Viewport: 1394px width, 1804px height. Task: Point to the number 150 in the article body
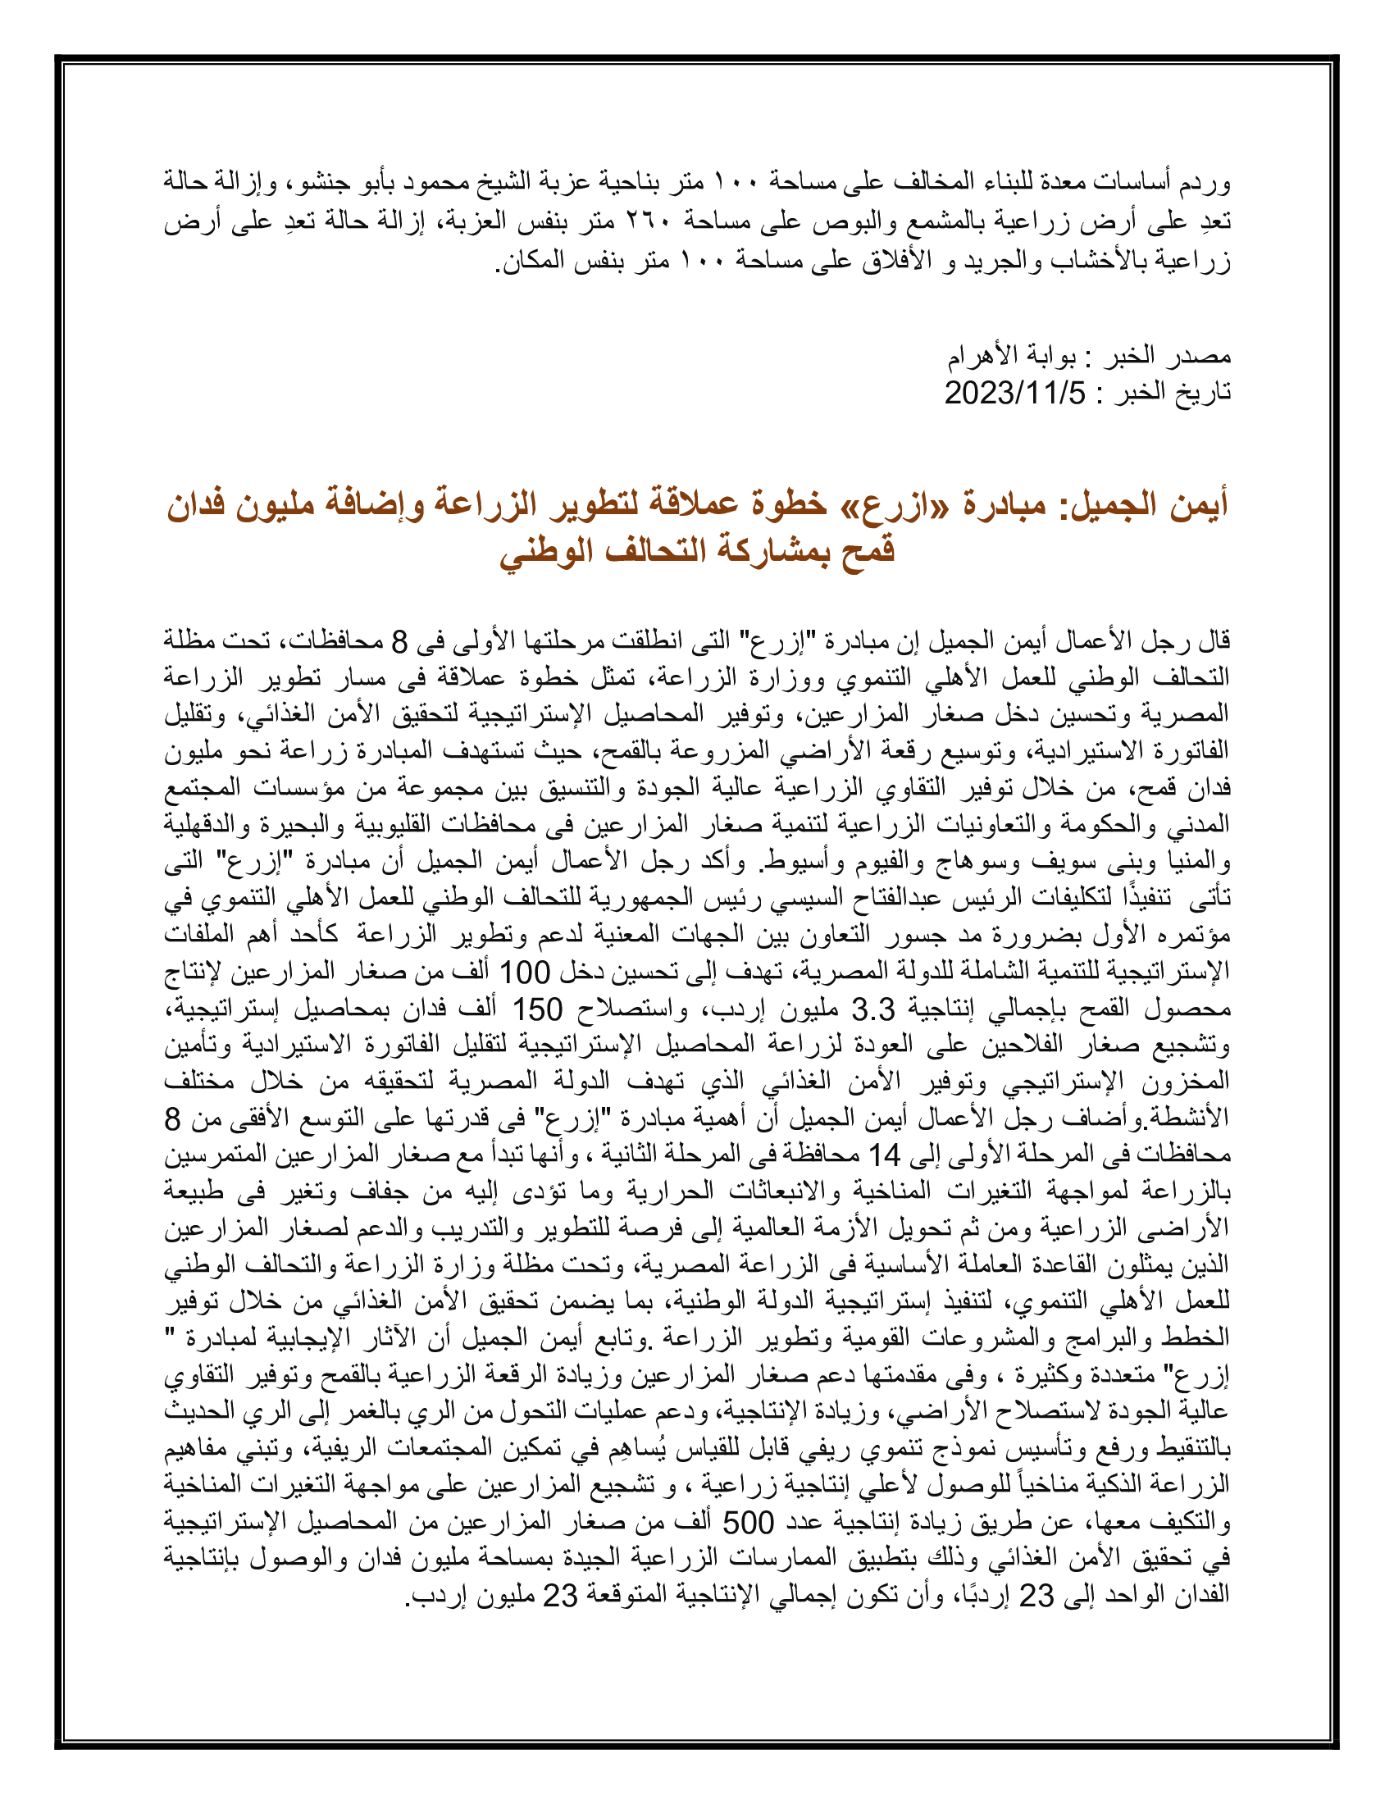tap(538, 1009)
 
